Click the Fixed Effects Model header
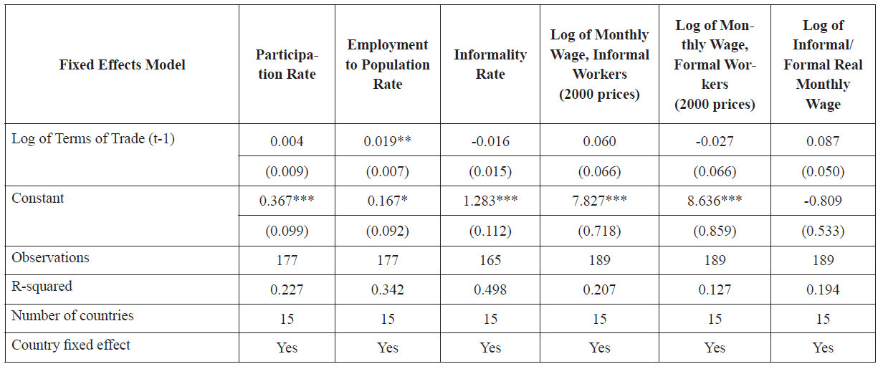[122, 65]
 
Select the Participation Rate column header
[287, 64]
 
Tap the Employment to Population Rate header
[388, 64]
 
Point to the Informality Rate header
[490, 64]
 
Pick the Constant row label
[38, 198]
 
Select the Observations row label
[51, 258]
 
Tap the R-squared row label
[43, 287]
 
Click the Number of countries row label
[72, 316]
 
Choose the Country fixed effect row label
[71, 345]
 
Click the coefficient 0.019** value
[388, 141]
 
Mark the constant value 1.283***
[490, 201]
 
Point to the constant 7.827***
[599, 201]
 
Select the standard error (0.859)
[715, 231]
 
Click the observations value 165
[490, 260]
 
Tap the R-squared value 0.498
[490, 289]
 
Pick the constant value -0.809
[823, 201]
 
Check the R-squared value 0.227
[287, 289]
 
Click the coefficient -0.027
[715, 141]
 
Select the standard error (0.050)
[823, 172]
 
